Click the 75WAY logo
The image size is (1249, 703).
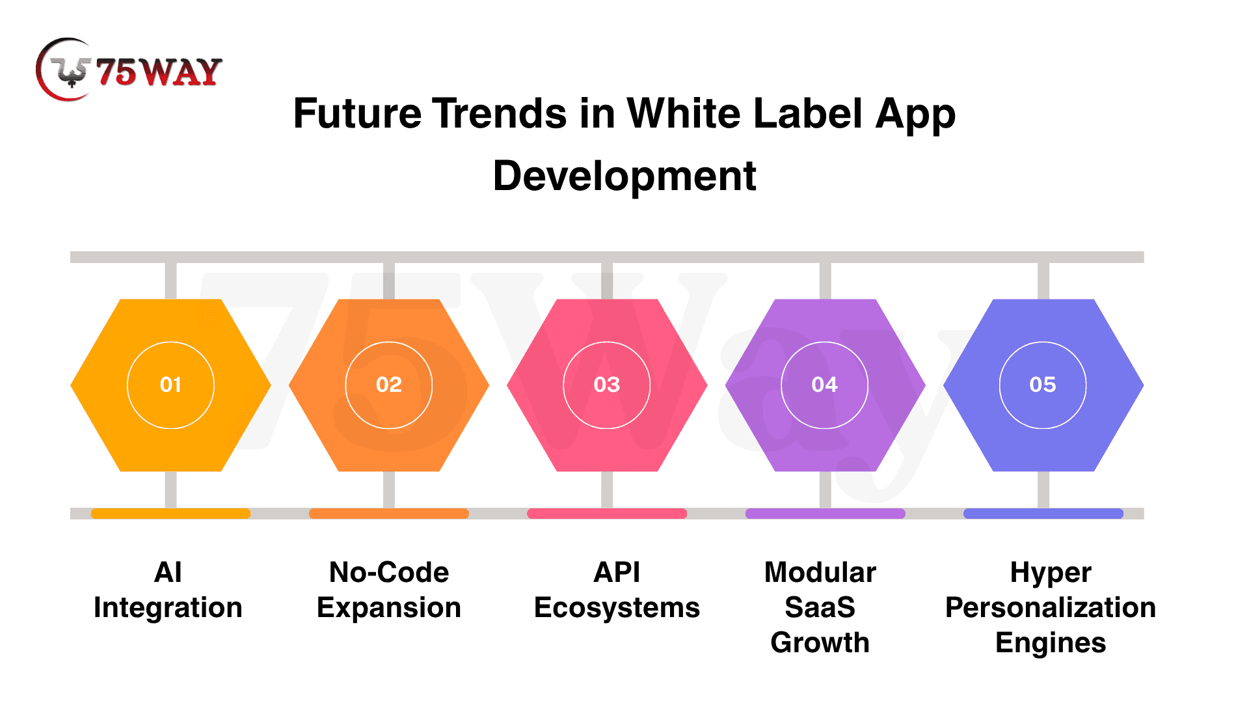point(129,70)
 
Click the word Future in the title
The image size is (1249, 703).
point(358,113)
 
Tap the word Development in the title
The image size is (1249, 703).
point(624,176)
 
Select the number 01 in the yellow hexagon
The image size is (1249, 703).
point(170,385)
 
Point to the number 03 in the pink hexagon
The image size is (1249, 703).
point(607,385)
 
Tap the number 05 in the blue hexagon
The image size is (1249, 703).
point(1043,385)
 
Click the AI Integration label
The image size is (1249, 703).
point(168,590)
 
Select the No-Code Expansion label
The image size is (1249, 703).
point(389,590)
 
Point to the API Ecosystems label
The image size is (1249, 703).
point(617,590)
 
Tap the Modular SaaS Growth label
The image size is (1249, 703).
point(820,607)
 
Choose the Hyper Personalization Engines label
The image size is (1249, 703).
point(1051,607)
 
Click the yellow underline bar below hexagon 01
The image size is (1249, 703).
point(170,514)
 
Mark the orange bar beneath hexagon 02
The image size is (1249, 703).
point(389,514)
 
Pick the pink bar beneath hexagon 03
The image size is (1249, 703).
point(607,514)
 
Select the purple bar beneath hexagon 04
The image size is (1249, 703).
point(825,514)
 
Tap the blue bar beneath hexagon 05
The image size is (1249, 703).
point(1043,514)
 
